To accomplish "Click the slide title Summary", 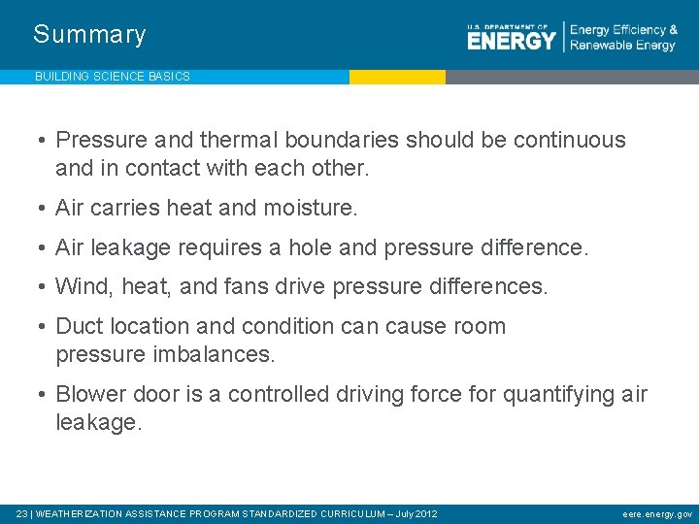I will (x=89, y=35).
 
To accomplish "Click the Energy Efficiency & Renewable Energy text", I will (x=622, y=38).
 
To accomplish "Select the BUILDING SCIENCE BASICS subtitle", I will (x=112, y=76).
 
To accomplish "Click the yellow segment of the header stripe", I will (x=397, y=77).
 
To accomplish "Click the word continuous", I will (x=569, y=140).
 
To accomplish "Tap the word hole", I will (x=312, y=247).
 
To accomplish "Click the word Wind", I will (x=80, y=286).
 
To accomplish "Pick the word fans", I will (x=252, y=286).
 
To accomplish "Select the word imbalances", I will (x=214, y=355).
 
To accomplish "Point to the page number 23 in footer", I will (x=22, y=513).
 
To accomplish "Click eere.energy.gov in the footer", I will (x=657, y=513).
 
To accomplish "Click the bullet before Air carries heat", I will (x=44, y=208).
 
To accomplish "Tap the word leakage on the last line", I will (x=98, y=423).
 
